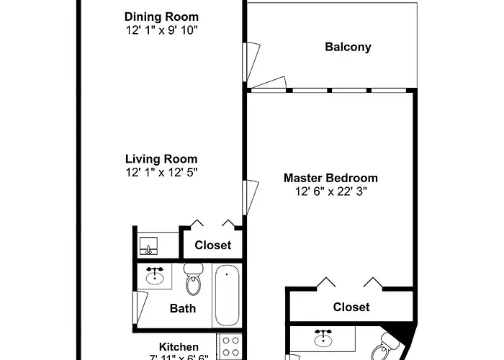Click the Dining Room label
[161, 17]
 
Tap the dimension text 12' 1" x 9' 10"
[161, 30]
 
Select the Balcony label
[348, 48]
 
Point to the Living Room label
[161, 159]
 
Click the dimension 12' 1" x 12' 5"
[161, 173]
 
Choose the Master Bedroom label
[330, 178]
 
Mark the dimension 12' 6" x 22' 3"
[330, 192]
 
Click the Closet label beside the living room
[213, 245]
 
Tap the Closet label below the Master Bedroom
[351, 307]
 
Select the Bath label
[183, 309]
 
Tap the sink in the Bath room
[156, 276]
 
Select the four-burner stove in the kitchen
[230, 348]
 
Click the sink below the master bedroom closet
[323, 338]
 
